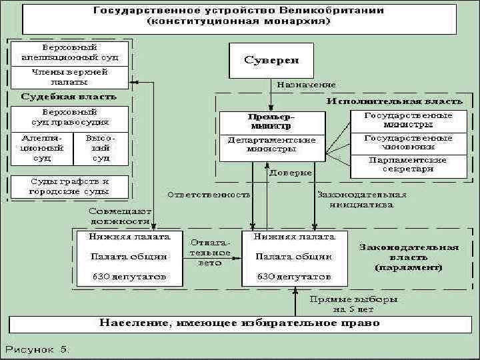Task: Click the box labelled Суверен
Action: pos(271,60)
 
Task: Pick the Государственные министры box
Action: pos(408,120)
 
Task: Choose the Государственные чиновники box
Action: pos(408,142)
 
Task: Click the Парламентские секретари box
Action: pos(408,164)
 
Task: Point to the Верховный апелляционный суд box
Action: pos(69,52)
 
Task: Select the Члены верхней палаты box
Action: pos(69,77)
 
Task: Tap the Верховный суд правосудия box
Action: pos(69,117)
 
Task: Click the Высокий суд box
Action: pos(101,148)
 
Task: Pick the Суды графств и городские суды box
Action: pos(69,186)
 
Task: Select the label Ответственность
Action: pos(209,195)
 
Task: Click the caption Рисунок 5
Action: pos(39,348)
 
